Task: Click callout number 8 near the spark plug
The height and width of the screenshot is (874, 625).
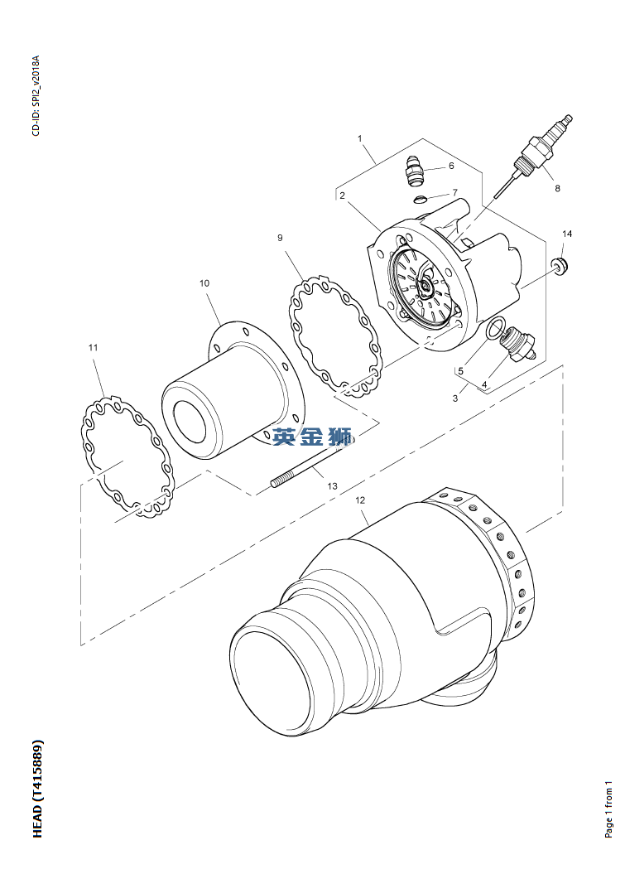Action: pyautogui.click(x=557, y=188)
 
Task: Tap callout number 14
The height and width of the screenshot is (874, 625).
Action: pyautogui.click(x=566, y=234)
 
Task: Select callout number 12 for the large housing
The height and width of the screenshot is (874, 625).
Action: pyautogui.click(x=360, y=500)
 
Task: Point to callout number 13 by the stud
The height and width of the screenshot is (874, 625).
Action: pyautogui.click(x=332, y=486)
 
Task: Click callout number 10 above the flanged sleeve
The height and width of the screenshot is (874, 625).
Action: pyautogui.click(x=204, y=283)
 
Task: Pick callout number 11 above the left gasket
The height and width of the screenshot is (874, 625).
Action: pyautogui.click(x=93, y=347)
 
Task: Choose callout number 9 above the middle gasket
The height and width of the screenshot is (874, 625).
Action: pyautogui.click(x=280, y=238)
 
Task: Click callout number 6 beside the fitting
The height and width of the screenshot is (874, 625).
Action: pyautogui.click(x=451, y=166)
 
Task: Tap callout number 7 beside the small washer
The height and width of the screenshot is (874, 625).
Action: pyautogui.click(x=454, y=192)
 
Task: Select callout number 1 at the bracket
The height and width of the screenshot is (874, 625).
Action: pyautogui.click(x=360, y=138)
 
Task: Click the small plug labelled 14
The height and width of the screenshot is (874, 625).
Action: pyautogui.click(x=559, y=264)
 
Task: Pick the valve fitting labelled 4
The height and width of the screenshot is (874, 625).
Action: pyautogui.click(x=518, y=345)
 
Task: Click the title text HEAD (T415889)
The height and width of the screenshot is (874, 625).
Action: pyautogui.click(x=37, y=788)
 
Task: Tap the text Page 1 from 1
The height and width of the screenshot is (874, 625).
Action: pyautogui.click(x=608, y=809)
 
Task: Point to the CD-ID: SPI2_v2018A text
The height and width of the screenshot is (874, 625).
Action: pyautogui.click(x=36, y=96)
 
